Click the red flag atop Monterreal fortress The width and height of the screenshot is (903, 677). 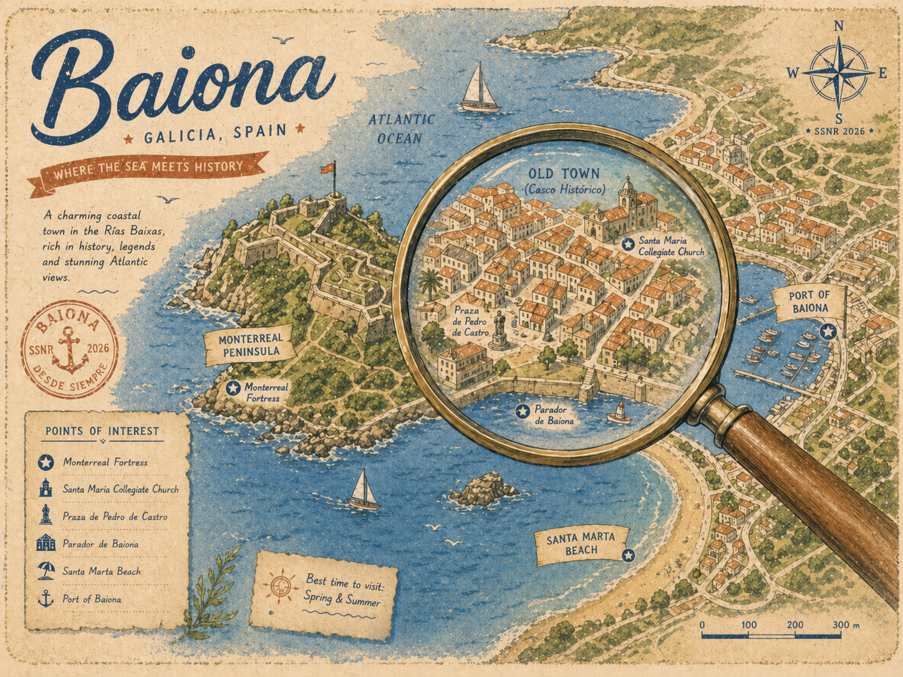coord(327,168)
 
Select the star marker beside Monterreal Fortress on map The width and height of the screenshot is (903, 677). coord(233,388)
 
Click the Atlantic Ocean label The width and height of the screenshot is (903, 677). coord(400,128)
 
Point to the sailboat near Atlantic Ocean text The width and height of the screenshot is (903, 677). coord(479,89)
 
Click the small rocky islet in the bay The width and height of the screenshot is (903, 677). coord(485,489)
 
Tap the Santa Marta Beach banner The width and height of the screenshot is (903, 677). coord(580,544)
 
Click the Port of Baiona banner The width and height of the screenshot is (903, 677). coord(809,302)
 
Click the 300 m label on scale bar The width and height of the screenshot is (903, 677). coord(845,625)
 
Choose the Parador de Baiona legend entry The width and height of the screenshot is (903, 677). coord(100,544)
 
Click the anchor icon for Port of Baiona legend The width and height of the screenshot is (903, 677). coord(46,599)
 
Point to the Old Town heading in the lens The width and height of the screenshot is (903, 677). coord(563,174)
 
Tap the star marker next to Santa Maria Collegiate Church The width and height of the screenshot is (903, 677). coord(627,244)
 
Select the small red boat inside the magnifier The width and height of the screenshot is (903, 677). coord(619,413)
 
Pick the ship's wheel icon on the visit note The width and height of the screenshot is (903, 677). coord(280,585)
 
